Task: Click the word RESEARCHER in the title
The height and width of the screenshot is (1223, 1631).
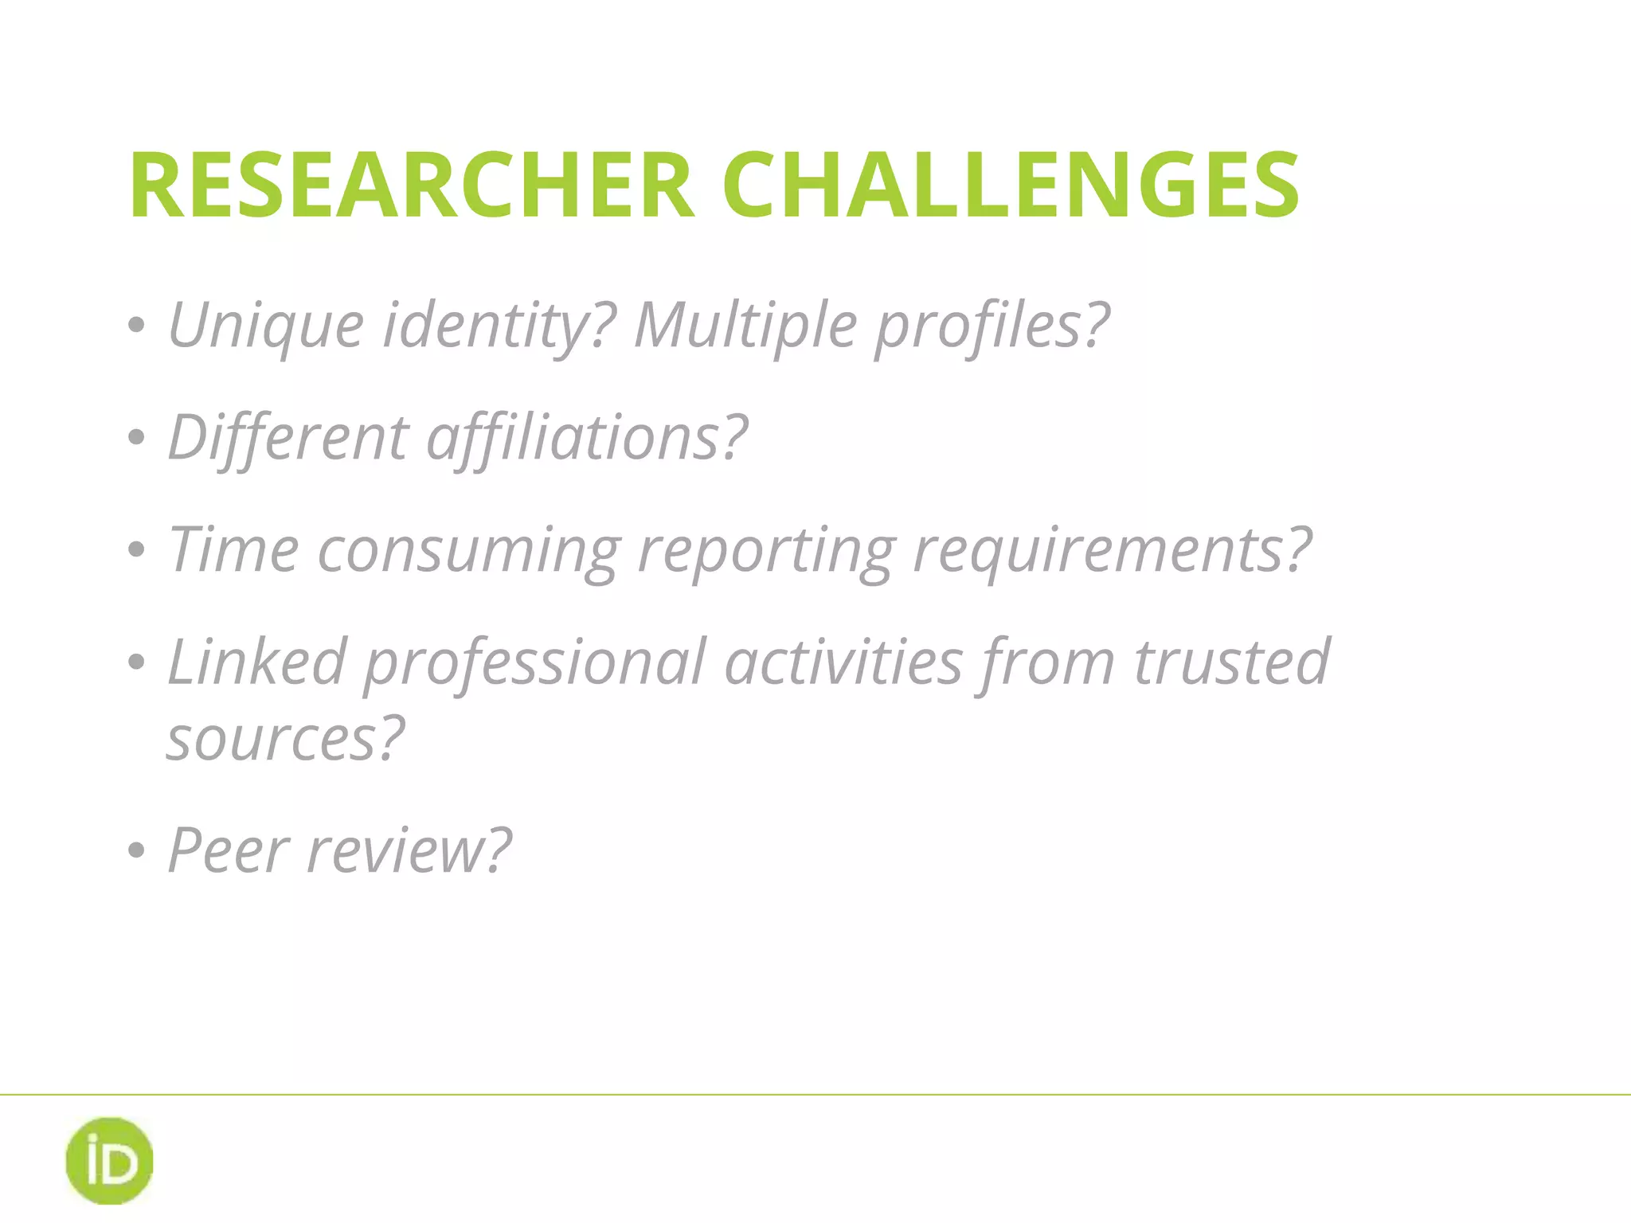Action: click(412, 185)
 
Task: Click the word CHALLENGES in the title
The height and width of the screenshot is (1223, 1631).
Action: click(1011, 185)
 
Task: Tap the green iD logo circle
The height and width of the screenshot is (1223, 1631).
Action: click(109, 1160)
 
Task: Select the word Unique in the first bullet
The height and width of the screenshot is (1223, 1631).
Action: click(266, 326)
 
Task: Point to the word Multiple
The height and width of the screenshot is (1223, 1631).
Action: click(745, 326)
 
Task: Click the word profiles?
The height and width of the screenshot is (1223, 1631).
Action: click(992, 326)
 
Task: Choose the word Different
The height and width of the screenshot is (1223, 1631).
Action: click(287, 437)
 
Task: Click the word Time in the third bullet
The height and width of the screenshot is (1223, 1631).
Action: click(233, 549)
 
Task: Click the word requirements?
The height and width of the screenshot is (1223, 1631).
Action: click(1112, 549)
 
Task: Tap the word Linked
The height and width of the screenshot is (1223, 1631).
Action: click(256, 662)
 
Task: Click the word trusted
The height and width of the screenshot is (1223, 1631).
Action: click(1232, 662)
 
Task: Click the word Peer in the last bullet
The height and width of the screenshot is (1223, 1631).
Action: click(228, 850)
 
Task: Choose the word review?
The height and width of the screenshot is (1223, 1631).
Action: click(409, 850)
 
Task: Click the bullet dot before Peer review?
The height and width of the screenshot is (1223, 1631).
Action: click(136, 850)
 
